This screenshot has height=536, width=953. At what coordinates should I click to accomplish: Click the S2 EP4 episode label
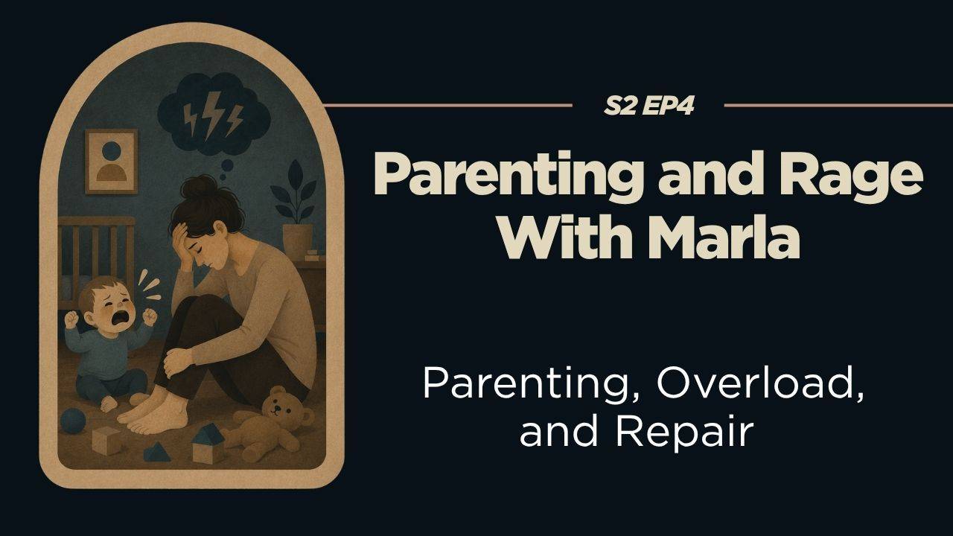pos(648,106)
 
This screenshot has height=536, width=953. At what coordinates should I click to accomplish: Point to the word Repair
pos(683,432)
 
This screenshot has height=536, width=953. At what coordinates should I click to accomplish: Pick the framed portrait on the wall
pos(112,162)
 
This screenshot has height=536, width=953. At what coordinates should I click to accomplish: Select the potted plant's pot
pos(297,240)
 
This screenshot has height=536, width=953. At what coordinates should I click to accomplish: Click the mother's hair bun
pos(198,187)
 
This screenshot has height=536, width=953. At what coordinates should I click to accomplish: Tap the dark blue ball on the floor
pos(73,421)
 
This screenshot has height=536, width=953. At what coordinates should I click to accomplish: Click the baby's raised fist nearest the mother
pos(150,317)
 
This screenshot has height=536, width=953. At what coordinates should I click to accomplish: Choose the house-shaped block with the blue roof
pos(208,444)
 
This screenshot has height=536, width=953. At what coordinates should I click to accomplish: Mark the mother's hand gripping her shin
pos(176,363)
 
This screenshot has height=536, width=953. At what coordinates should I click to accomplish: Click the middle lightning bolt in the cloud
pos(211,115)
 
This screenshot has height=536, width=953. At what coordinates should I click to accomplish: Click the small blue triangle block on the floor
pos(156,453)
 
